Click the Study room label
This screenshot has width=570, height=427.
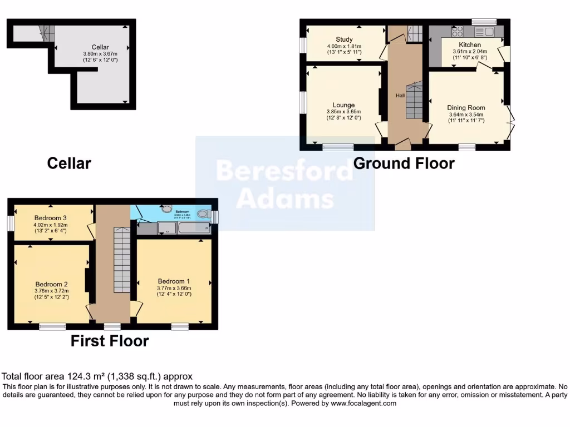344,39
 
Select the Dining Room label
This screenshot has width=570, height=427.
466,108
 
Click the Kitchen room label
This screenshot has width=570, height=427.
470,45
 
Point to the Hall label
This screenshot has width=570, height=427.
400,96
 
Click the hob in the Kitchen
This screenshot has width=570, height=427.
457,32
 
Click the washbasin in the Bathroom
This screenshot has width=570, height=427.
166,210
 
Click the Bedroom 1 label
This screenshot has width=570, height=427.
173,280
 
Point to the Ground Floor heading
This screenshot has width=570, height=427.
404,163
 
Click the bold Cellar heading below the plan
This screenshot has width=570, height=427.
68,163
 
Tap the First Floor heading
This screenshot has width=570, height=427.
109,341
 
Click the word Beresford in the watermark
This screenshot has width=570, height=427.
284,171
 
